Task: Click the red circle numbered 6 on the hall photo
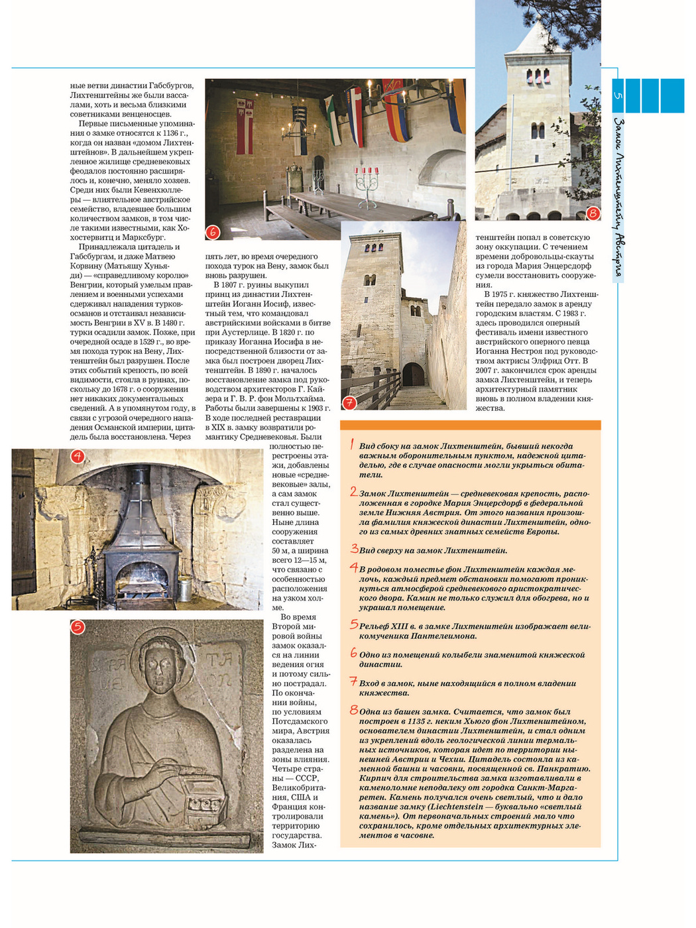213,232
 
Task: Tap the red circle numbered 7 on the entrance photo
349,402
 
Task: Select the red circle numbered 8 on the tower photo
593,213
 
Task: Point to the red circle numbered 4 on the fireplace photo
78,456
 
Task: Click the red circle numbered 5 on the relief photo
78,627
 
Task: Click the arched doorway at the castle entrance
414,375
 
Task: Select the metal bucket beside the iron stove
184,587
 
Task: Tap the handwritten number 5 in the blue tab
618,96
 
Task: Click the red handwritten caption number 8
354,710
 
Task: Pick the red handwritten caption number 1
352,445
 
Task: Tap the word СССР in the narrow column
307,778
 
